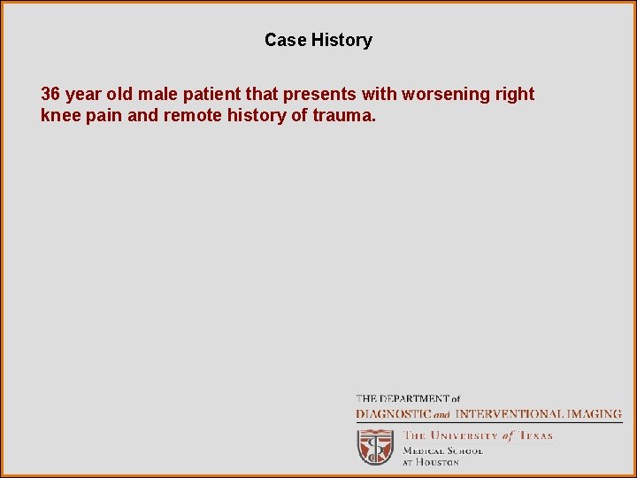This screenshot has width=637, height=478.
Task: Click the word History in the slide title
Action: (342, 40)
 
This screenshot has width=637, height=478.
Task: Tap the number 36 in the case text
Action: (50, 95)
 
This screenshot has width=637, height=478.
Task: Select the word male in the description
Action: (156, 95)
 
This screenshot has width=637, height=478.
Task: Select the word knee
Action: (60, 116)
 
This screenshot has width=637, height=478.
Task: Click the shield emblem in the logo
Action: (375, 447)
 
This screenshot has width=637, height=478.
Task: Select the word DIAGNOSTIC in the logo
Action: (393, 413)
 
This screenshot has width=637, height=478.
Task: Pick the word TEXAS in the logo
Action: (535, 436)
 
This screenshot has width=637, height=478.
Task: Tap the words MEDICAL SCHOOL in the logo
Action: (443, 450)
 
